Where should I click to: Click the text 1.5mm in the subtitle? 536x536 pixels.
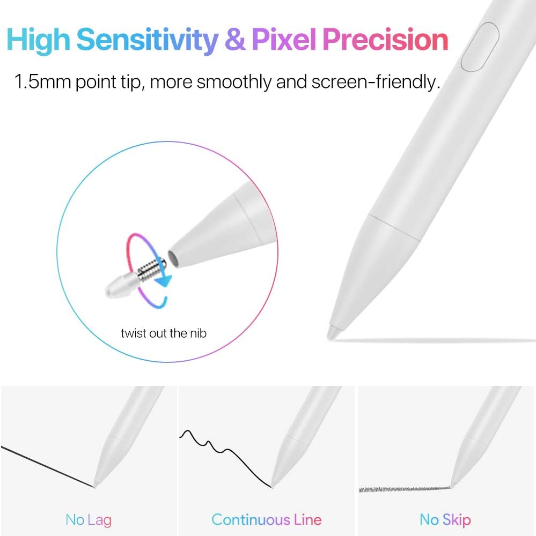click(x=42, y=83)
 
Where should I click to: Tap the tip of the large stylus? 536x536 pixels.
click(x=333, y=333)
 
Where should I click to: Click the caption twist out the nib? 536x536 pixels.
click(x=164, y=333)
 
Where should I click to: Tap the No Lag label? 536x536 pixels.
click(x=89, y=519)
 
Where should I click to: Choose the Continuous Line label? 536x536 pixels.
click(x=267, y=519)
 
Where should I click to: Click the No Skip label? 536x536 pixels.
click(x=445, y=519)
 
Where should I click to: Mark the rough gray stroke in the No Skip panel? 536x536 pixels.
click(x=402, y=489)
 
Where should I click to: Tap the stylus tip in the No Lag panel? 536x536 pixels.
click(x=96, y=485)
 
